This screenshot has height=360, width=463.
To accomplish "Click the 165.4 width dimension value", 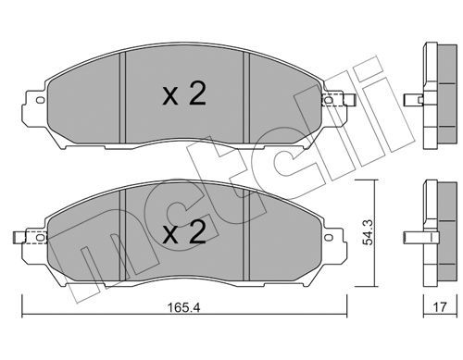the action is click(x=183, y=307).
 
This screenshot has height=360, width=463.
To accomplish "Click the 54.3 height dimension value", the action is click(x=368, y=232).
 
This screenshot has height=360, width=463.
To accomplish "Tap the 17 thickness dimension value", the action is click(x=440, y=307).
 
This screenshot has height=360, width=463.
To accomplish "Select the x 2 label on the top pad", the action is click(x=184, y=94).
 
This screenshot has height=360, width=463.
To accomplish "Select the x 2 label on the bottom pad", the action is click(x=184, y=233).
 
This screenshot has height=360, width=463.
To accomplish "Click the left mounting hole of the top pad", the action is click(x=40, y=100).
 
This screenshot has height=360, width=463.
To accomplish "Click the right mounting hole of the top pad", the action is click(x=329, y=100).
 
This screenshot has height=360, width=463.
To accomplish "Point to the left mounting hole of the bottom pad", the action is click(x=40, y=237).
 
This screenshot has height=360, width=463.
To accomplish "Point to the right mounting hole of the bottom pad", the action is click(x=329, y=237).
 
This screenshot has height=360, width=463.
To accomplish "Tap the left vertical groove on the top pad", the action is click(x=122, y=97).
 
